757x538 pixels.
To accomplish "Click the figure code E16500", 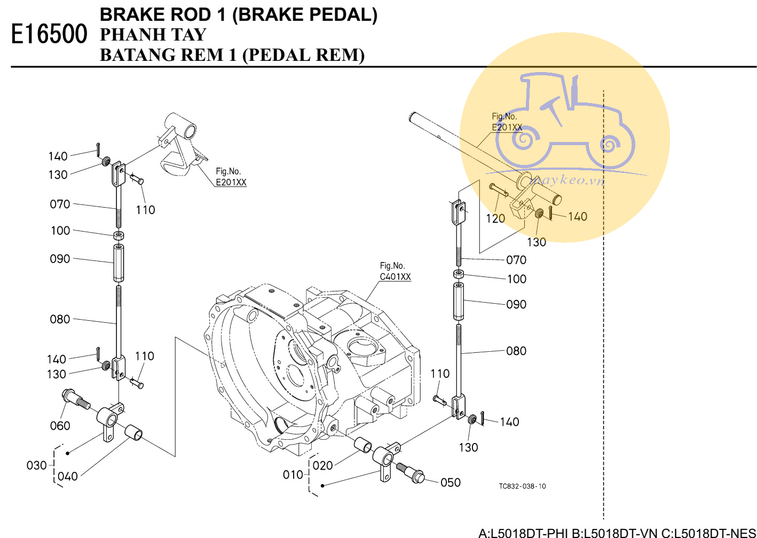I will click(49, 34).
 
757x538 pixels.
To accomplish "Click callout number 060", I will click(60, 426).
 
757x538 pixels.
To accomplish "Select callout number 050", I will click(451, 482).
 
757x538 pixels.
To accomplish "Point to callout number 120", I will click(495, 218).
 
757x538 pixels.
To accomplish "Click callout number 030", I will click(36, 465).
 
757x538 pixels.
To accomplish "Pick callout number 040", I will click(68, 476).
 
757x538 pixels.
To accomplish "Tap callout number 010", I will click(293, 474).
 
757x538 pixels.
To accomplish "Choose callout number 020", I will click(322, 465).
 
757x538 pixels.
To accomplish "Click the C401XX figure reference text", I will click(395, 276).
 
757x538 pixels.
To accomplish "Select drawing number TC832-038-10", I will click(522, 486).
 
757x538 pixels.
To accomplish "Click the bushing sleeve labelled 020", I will click(364, 445).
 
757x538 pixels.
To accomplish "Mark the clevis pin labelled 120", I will click(499, 189).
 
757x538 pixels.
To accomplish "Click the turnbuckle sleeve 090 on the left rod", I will click(119, 263).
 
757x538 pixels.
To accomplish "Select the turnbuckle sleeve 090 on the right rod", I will click(459, 302).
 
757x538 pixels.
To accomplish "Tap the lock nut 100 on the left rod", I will click(119, 235).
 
